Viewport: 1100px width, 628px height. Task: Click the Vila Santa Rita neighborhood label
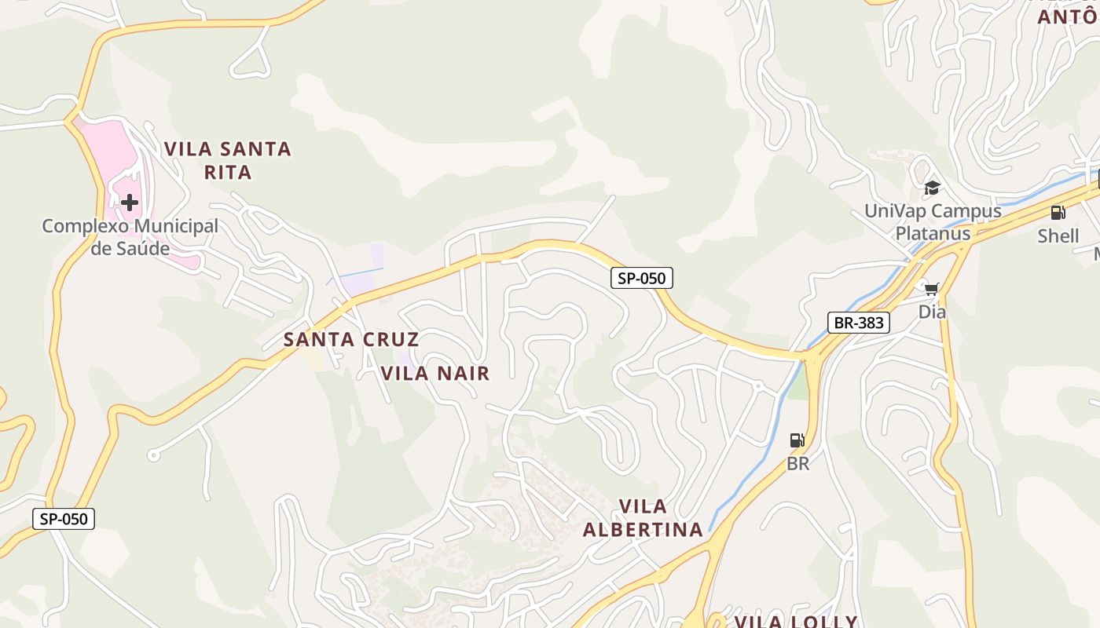(227, 160)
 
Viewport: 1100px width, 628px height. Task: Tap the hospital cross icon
(130, 203)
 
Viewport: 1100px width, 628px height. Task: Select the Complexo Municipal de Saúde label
(130, 237)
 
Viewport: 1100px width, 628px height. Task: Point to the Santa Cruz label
(350, 340)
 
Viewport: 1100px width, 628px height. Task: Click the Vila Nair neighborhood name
(435, 374)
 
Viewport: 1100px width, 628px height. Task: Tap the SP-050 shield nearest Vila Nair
(642, 277)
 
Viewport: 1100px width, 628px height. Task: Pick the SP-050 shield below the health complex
(64, 519)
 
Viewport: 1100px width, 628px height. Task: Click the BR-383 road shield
(858, 323)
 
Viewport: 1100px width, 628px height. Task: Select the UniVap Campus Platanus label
(933, 222)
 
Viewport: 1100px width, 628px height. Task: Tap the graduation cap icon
(932, 188)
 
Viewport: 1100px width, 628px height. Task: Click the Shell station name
(1058, 236)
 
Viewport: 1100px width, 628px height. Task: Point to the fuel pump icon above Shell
(1058, 212)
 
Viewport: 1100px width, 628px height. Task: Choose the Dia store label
(932, 312)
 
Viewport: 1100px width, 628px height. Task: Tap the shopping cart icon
(932, 289)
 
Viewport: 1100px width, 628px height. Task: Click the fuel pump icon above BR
(797, 440)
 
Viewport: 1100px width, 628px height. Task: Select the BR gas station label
(797, 464)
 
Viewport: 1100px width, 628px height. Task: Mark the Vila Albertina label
(643, 518)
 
